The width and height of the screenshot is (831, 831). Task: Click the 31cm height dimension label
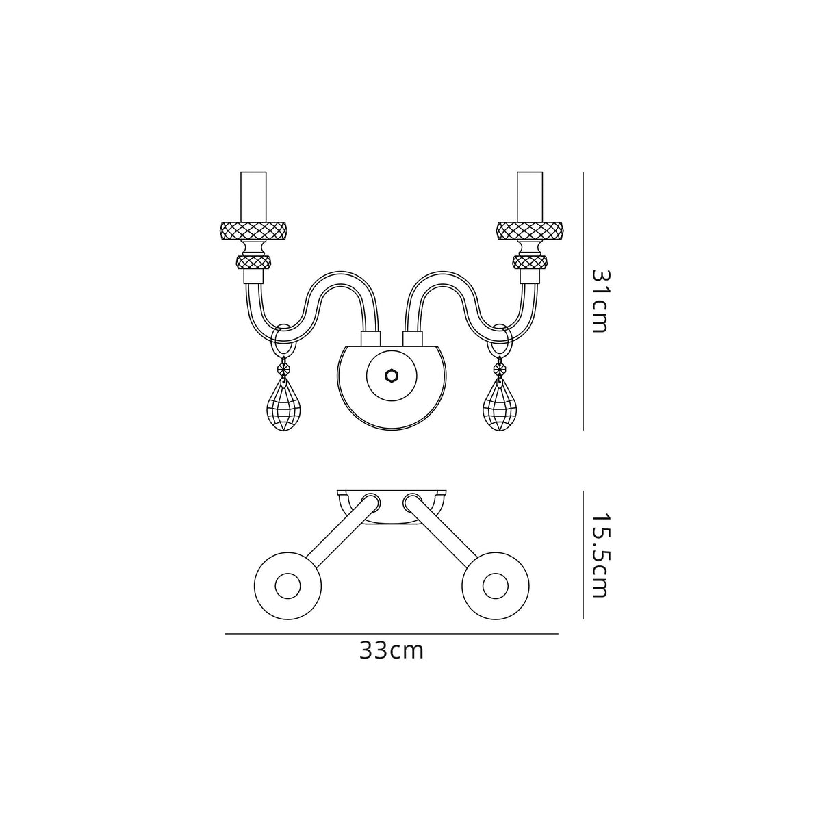pos(599,301)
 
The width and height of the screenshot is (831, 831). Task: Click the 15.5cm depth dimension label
pos(599,554)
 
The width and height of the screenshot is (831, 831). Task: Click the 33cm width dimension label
pos(392,651)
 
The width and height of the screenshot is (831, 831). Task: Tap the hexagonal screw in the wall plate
pos(392,376)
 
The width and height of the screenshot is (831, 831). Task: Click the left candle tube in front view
pos(253,196)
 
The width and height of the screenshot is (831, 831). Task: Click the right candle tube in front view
pos(530,196)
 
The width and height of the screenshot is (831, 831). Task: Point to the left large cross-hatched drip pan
pos(253,231)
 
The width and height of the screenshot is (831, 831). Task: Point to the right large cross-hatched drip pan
pos(530,231)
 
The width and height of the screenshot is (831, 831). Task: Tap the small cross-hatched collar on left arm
pos(253,262)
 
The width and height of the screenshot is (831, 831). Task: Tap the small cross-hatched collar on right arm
pos(530,262)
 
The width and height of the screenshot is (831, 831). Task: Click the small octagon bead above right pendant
pos(500,369)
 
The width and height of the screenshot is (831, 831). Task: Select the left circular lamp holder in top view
pos(287,586)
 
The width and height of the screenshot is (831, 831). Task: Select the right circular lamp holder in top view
pos(496,586)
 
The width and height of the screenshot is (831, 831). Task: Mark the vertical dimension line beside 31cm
pos(583,301)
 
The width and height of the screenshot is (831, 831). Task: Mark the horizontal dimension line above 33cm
pos(392,635)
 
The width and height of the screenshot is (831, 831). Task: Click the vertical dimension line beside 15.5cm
pos(583,554)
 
